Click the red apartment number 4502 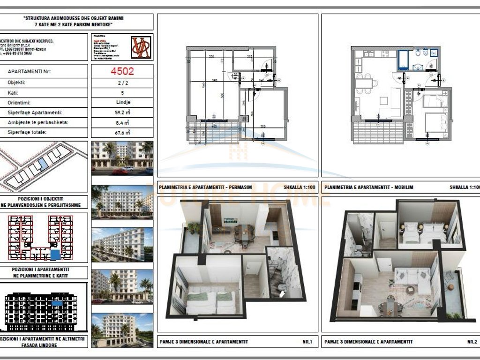[x=122, y=72]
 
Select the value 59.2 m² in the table [x=122, y=113]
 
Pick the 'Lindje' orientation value [x=122, y=103]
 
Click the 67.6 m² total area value [x=122, y=133]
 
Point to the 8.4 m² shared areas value [x=122, y=123]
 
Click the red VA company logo [x=141, y=47]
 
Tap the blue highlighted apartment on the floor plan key [x=55, y=255]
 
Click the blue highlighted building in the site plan [x=44, y=164]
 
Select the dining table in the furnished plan [x=366, y=84]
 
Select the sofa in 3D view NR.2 [x=412, y=277]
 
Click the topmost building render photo [x=122, y=158]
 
